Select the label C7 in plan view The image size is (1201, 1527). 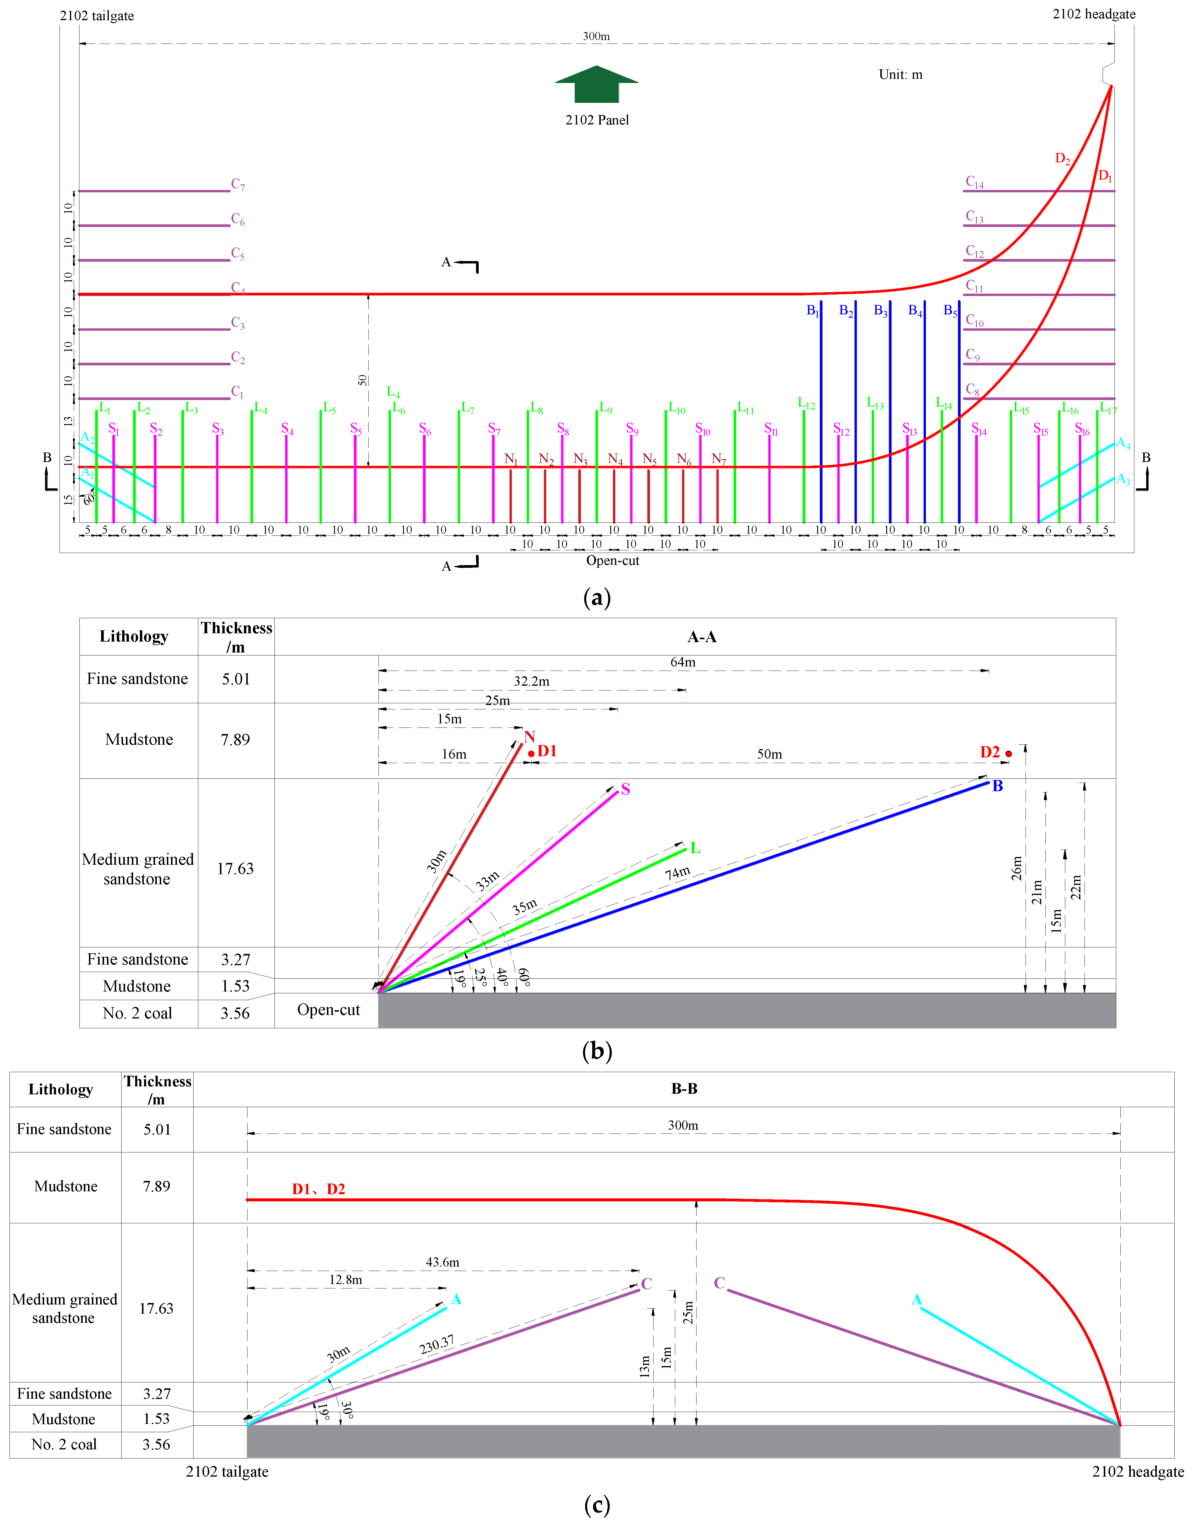click(238, 185)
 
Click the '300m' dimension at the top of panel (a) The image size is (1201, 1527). click(596, 36)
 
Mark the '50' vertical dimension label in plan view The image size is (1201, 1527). click(362, 380)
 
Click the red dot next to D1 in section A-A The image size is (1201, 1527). click(531, 754)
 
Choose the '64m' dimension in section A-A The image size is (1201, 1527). click(683, 662)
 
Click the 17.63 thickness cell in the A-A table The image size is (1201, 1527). click(235, 869)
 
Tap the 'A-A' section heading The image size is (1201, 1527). click(702, 637)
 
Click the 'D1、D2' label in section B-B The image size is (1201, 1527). click(319, 1189)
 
